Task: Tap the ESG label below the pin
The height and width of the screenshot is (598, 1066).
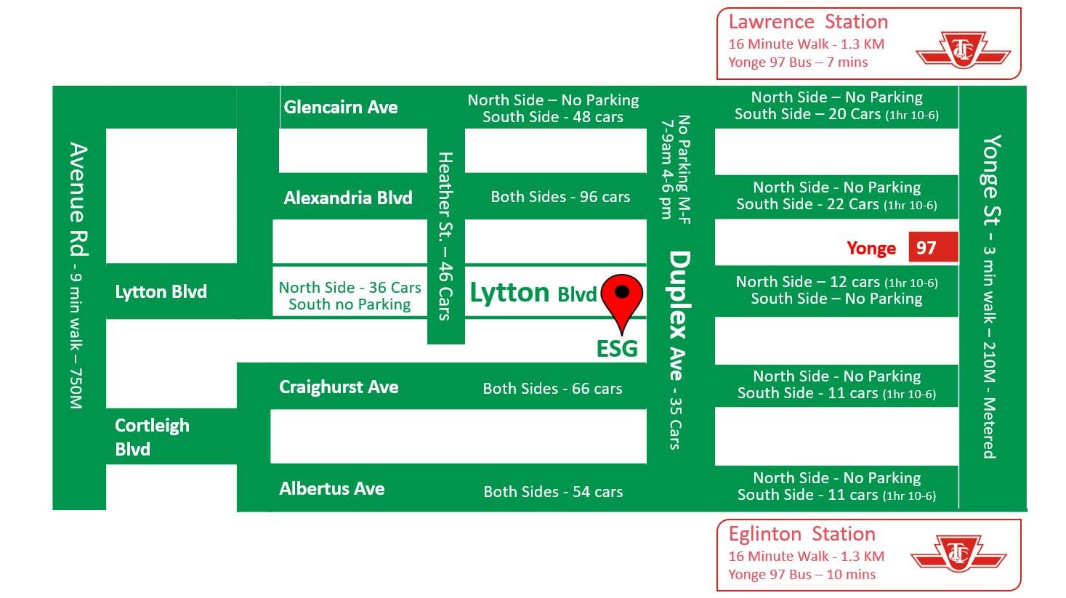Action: pos(616,349)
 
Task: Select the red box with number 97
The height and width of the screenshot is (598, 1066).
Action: pos(932,248)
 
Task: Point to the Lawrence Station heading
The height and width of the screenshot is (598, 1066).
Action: pos(807,22)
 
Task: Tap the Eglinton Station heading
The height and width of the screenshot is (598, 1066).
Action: pos(801,534)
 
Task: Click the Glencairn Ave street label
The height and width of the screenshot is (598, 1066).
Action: pos(340,108)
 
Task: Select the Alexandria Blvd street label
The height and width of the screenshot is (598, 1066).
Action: pos(347,198)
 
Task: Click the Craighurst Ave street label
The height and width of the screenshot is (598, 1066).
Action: pos(339,387)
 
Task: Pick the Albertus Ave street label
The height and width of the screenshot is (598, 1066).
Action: pos(331,489)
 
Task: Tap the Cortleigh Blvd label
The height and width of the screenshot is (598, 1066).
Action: pos(151,437)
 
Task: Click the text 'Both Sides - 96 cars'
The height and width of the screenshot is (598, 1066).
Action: pos(560,197)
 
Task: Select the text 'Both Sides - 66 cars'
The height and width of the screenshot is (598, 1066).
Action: pos(552,389)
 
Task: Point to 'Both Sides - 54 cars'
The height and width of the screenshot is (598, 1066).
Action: pos(553,492)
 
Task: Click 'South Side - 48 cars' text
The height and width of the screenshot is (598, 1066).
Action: pos(552,117)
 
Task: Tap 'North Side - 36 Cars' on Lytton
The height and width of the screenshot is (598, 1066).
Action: pos(350,288)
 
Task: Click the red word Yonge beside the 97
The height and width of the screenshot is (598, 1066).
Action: pos(871,249)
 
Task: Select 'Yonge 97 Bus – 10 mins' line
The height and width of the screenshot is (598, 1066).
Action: pos(801,575)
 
